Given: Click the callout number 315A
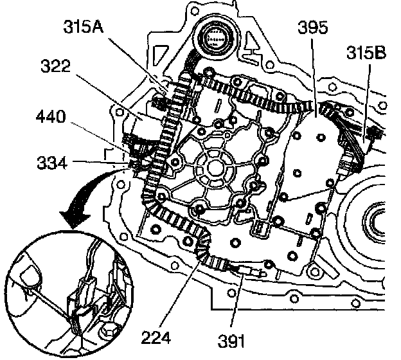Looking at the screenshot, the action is coord(84,26).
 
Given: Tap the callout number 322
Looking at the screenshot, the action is coord(55,66).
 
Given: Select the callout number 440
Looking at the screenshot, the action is coord(51,116).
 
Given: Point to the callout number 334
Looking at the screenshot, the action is coord(52,163).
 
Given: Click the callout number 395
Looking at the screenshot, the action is coord(312,27).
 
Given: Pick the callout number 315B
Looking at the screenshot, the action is coord(366,53).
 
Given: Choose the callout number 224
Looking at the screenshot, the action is coord(156,337).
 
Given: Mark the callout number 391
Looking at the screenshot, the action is coord(231,341).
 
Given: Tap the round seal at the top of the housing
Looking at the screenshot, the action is coord(215,38).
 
